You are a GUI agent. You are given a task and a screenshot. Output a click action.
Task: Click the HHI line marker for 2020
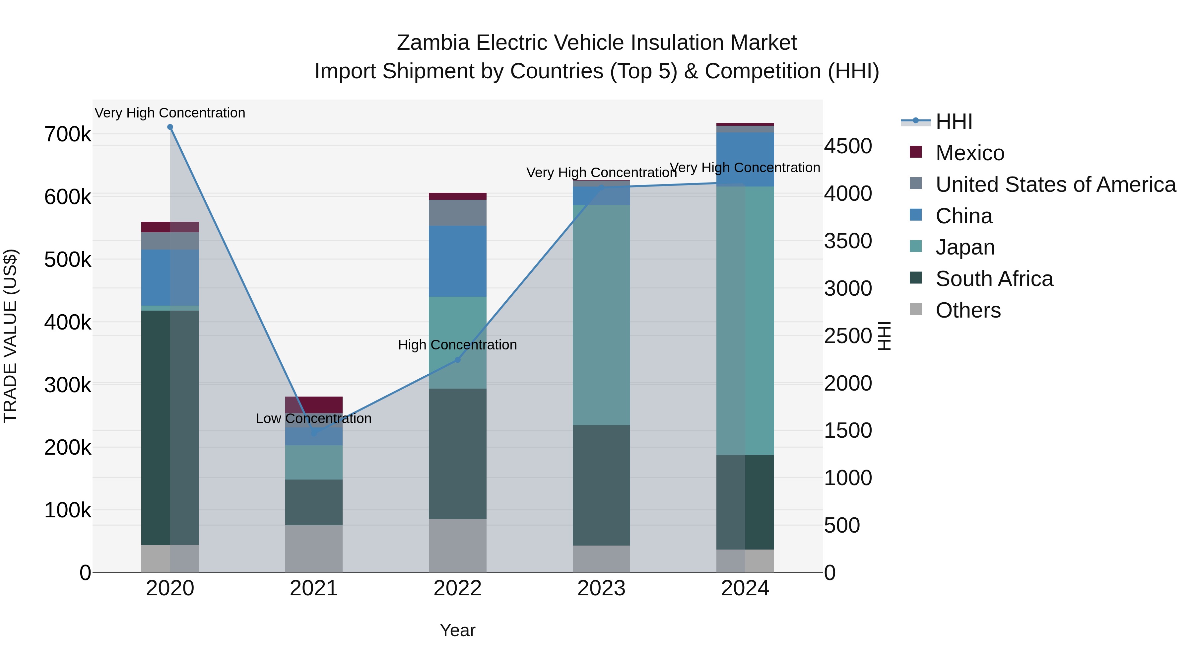(170, 127)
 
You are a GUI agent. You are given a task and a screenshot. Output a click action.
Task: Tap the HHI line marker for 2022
(457, 360)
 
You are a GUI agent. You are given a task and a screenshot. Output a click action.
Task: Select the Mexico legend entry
(970, 153)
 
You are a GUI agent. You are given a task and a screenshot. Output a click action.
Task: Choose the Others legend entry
(968, 310)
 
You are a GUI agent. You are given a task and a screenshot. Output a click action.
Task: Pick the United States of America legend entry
(1055, 185)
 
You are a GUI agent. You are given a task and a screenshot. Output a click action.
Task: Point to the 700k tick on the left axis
(68, 134)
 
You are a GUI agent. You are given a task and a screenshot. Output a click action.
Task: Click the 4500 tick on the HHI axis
(848, 146)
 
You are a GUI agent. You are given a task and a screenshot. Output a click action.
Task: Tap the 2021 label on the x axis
(314, 588)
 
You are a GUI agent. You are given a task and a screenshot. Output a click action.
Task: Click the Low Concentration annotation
(314, 418)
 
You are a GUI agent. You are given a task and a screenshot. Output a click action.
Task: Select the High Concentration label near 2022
(457, 345)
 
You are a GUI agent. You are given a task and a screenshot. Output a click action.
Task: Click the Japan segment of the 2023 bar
(601, 315)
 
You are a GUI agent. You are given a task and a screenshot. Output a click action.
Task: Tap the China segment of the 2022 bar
(457, 261)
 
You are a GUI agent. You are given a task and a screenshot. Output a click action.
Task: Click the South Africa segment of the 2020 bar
(170, 427)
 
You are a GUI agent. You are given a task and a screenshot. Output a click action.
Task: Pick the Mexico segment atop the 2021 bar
(314, 405)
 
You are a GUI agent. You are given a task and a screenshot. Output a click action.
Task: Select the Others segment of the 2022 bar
(457, 545)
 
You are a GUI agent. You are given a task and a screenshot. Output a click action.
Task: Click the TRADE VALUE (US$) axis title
(10, 336)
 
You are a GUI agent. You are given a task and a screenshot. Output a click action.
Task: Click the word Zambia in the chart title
(433, 43)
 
